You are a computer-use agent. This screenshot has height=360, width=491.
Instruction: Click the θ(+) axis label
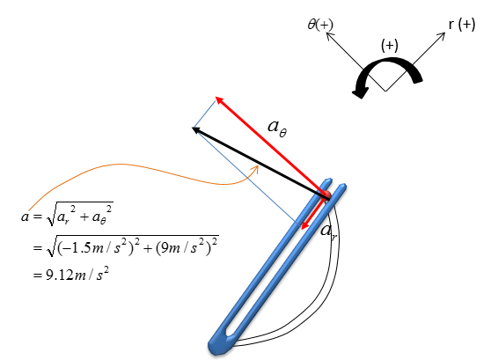click(x=320, y=25)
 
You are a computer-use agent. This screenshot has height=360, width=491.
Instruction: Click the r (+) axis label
click(x=462, y=25)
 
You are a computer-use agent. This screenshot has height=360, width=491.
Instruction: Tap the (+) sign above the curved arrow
click(x=390, y=45)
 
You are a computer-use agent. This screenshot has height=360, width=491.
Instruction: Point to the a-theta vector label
click(x=277, y=128)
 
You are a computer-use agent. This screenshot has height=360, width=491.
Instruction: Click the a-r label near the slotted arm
click(x=328, y=231)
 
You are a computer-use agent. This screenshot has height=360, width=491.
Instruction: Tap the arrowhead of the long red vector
click(x=219, y=100)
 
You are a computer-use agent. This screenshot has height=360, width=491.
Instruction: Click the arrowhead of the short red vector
click(x=304, y=225)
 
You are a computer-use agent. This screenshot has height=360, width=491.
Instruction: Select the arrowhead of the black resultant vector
click(x=196, y=129)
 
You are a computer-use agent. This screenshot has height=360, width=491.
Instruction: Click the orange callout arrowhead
click(x=256, y=169)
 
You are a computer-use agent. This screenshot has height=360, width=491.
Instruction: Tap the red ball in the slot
click(x=327, y=195)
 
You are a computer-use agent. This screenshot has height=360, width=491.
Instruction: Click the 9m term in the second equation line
click(x=168, y=248)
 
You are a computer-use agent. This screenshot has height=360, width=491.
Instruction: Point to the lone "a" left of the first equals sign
click(x=25, y=217)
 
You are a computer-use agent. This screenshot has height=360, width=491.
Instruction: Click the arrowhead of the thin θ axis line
click(x=329, y=35)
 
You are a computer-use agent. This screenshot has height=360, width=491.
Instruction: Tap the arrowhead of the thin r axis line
click(x=442, y=35)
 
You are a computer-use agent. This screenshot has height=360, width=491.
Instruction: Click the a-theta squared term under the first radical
click(x=102, y=215)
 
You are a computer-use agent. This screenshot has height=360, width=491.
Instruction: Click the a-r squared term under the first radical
click(x=66, y=215)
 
